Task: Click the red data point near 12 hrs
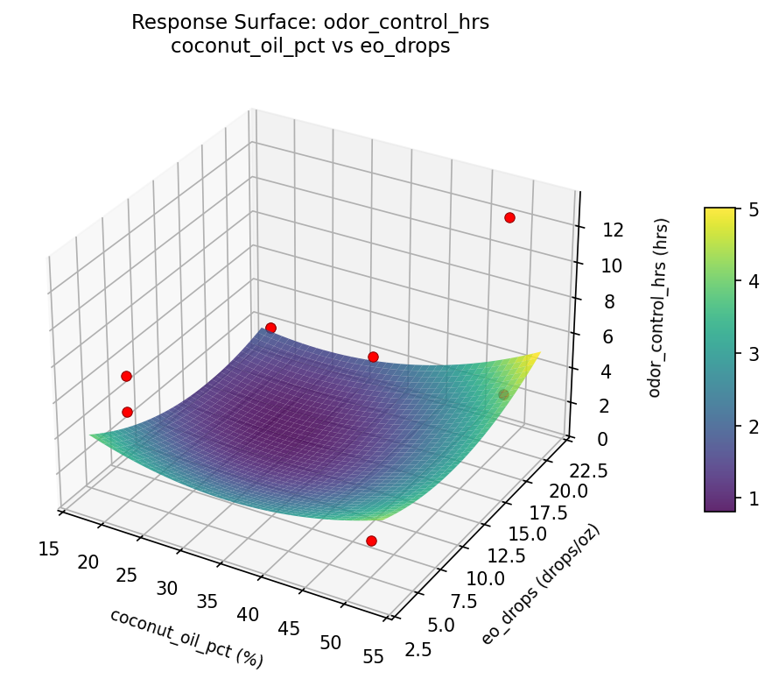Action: [x=509, y=217]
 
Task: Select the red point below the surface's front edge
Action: [x=371, y=541]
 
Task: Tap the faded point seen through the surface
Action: [x=503, y=394]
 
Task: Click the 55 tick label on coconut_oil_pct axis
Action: [x=373, y=655]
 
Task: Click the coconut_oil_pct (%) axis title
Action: [x=186, y=637]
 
